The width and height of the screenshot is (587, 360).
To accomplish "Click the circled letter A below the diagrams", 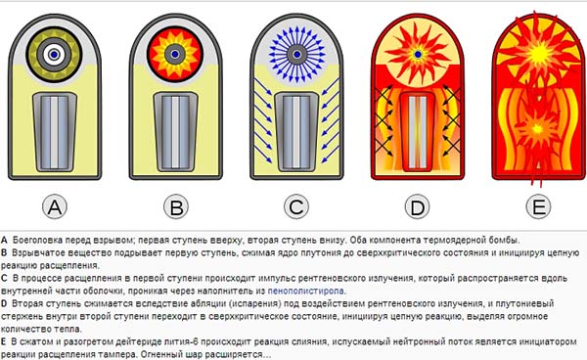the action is coord(55,206).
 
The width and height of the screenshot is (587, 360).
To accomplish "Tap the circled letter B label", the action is coord(176,206).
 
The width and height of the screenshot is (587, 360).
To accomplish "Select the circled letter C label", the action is coord(296,206).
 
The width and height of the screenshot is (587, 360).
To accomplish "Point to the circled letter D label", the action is coord(418,206).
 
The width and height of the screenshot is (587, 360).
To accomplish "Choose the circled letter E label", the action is coord(538,206).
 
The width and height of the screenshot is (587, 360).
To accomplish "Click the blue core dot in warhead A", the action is coord(54,55).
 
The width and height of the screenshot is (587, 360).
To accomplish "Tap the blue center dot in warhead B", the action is coord(175,54).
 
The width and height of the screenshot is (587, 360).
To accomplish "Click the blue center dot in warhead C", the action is coord(296,55).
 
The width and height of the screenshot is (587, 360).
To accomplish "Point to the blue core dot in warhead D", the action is coord(418,54).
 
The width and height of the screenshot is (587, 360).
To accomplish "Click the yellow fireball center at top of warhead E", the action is coord(539,53).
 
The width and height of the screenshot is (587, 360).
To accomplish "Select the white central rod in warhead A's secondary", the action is coord(55,132).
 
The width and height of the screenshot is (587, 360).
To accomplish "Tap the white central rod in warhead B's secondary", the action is coord(175,132).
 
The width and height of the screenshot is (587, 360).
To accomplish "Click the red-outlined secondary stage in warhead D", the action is coord(418,132).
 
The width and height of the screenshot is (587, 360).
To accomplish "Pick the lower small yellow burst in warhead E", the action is coord(537,129).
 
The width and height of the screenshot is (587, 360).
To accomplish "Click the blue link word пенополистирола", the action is coord(306,291).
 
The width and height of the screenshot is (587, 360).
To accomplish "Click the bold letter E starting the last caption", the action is coord(3,341).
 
